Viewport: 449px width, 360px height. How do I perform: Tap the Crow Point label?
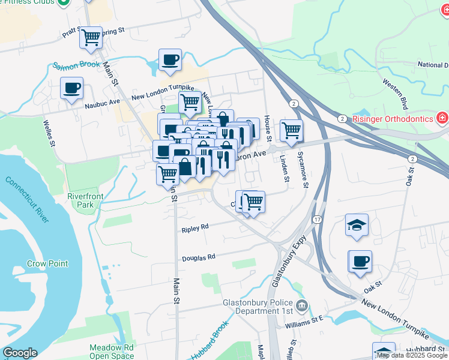point(47,263)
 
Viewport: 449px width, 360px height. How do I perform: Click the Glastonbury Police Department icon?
point(302,307)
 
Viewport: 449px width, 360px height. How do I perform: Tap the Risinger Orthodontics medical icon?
point(442,118)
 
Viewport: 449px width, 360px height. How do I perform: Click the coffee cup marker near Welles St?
point(72,89)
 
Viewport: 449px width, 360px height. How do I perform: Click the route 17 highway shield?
point(316,220)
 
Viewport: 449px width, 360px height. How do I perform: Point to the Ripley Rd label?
point(194,228)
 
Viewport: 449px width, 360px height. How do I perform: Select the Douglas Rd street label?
point(198,258)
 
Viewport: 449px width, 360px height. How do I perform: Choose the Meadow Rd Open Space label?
point(111,352)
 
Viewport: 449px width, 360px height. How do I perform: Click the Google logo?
point(20,353)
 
